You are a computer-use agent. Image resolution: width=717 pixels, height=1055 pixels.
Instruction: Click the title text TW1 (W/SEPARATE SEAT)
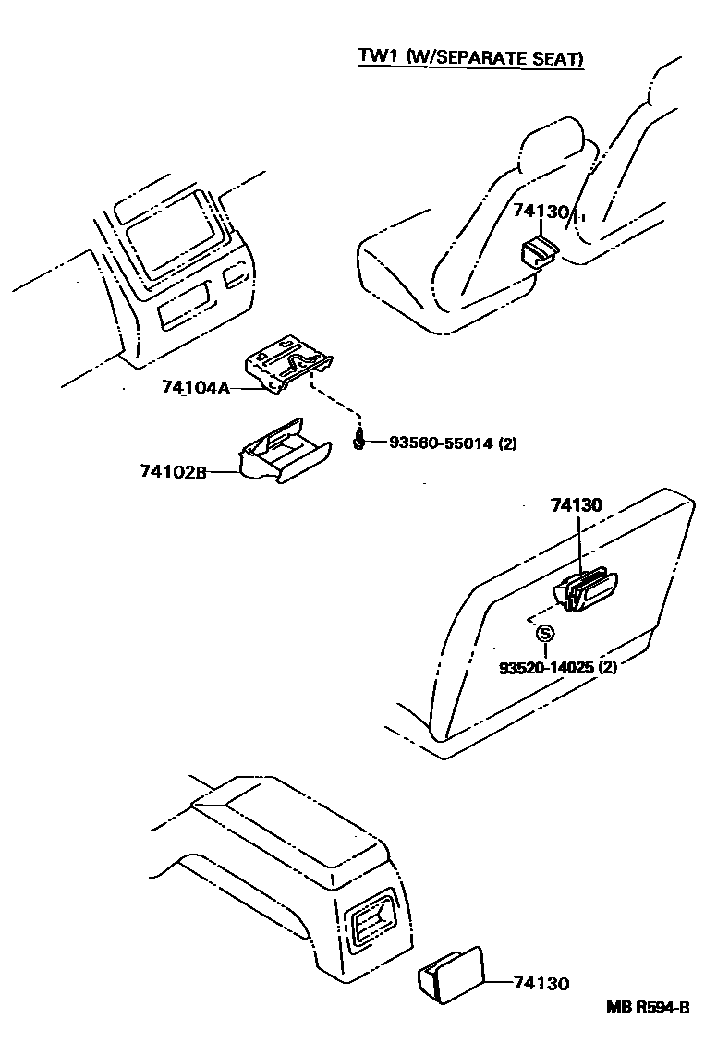tap(471, 58)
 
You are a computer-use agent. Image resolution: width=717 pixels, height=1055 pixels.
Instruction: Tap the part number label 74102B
tap(173, 472)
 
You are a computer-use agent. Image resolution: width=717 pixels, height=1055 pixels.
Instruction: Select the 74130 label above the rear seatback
tap(576, 505)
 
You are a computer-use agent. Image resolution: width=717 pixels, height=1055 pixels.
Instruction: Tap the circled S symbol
tap(545, 634)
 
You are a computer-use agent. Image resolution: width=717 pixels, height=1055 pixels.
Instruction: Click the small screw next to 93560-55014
tap(359, 439)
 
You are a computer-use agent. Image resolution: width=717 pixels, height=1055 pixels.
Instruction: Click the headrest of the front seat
tap(553, 148)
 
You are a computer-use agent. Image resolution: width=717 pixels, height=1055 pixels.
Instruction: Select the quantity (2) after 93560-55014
tap(507, 443)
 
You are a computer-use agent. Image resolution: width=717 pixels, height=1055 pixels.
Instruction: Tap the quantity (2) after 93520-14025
tap(607, 665)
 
